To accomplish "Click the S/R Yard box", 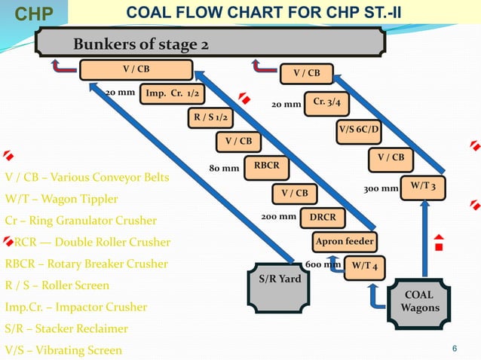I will tap(280, 279).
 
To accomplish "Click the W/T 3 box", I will tap(423, 186).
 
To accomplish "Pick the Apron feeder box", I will tap(344, 241).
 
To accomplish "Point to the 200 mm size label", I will tap(278, 217).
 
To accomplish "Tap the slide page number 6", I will tap(454, 348).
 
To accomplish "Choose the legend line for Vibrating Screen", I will tap(63, 350).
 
